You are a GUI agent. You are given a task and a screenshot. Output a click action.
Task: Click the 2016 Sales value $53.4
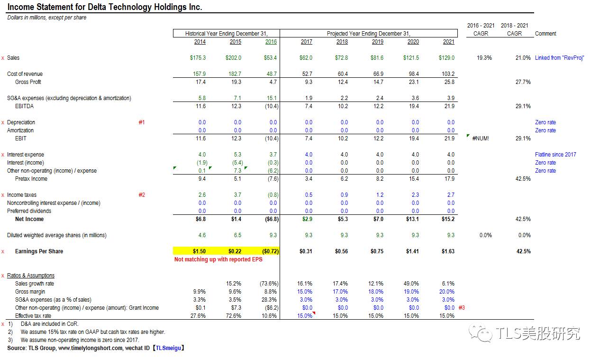click(x=271, y=58)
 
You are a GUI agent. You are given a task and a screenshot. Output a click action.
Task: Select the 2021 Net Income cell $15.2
click(x=448, y=219)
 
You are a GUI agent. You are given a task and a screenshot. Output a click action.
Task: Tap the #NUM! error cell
click(x=480, y=138)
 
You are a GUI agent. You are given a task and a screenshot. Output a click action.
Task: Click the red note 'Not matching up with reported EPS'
click(x=218, y=259)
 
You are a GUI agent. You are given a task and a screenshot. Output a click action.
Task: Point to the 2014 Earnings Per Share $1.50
click(x=199, y=251)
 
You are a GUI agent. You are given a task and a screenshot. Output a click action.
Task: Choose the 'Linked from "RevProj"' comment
click(x=559, y=58)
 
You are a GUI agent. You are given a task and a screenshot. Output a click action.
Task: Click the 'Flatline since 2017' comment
click(x=555, y=155)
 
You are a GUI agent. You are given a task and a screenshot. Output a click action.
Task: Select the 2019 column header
click(x=377, y=42)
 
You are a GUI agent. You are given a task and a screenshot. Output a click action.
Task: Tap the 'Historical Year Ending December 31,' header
click(x=227, y=34)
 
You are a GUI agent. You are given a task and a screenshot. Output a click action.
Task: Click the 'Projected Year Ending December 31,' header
click(x=368, y=34)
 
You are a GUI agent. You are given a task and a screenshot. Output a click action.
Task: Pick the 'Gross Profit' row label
click(x=28, y=82)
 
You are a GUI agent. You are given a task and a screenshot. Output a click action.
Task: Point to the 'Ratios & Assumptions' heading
click(x=31, y=276)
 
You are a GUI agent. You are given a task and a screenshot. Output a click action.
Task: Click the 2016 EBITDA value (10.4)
click(x=271, y=106)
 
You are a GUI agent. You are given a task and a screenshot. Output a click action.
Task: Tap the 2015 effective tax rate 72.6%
click(x=234, y=316)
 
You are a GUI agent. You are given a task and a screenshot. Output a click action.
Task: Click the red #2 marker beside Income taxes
click(x=142, y=195)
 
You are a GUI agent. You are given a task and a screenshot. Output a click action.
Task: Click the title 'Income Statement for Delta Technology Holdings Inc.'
click(x=105, y=7)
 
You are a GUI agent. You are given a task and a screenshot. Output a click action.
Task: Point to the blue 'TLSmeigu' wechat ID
click(x=168, y=348)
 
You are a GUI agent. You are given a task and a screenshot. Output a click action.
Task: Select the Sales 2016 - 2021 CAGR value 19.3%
click(x=484, y=58)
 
